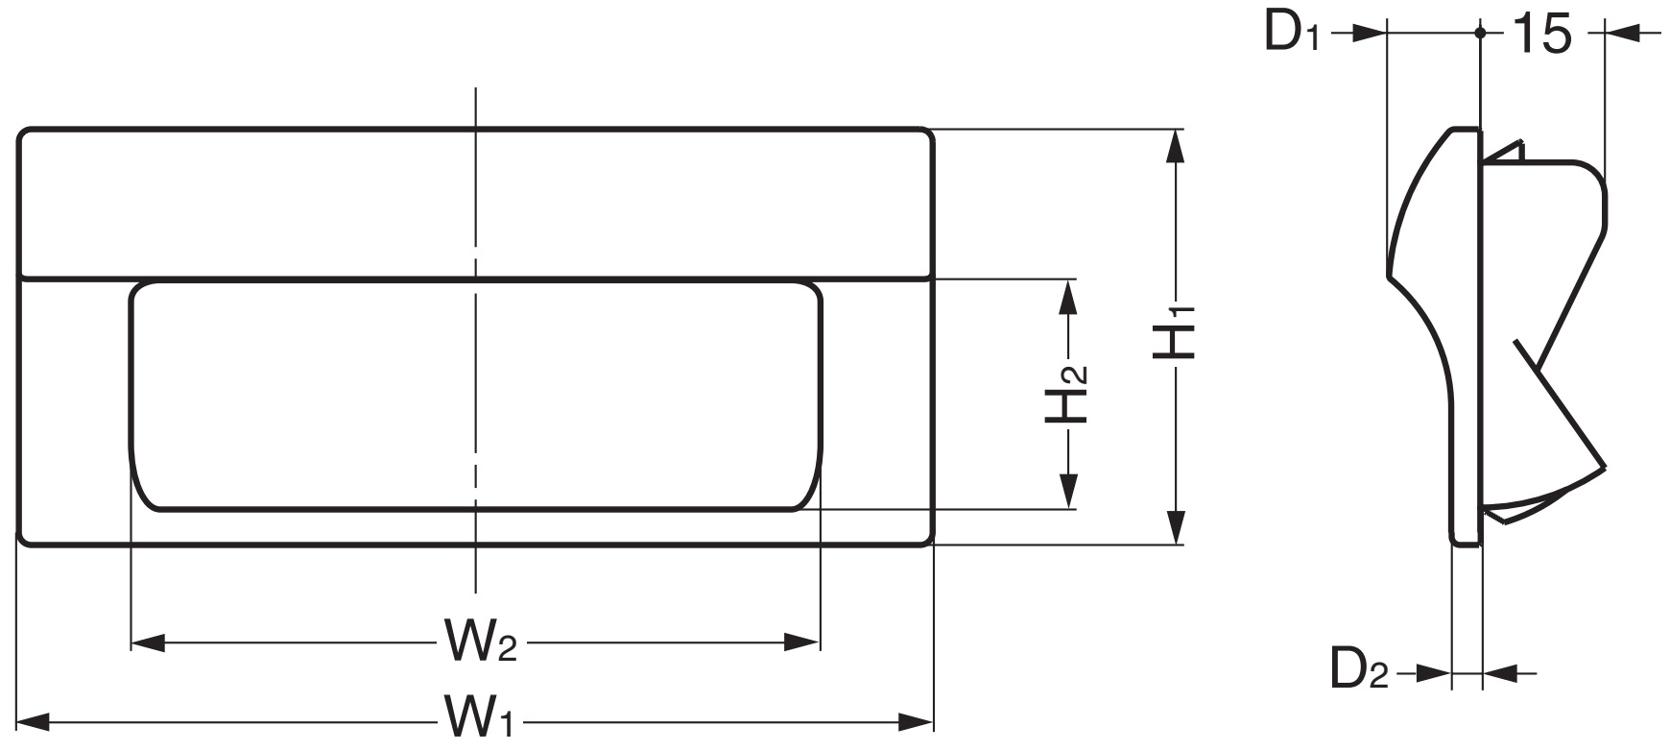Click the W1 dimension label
coord(479,719)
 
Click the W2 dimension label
coord(480,642)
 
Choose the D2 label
coord(1359,669)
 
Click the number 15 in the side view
coord(1541,35)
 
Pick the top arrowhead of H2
coord(1067,296)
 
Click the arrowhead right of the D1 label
coord(1372,34)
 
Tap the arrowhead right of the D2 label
coord(1434,673)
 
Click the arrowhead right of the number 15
coord(1622,35)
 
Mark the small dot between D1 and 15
coord(1480,34)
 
